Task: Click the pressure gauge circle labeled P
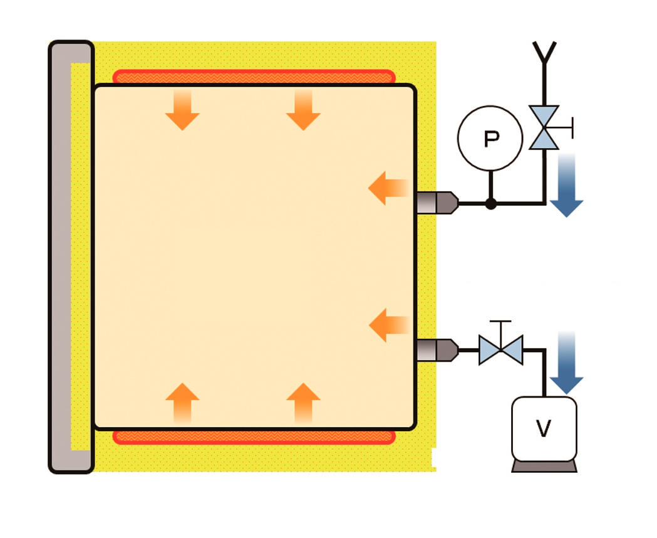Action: point(490,138)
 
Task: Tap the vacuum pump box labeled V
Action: point(544,429)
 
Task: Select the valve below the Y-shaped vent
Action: point(544,127)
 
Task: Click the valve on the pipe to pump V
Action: point(500,350)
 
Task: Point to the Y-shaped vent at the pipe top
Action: point(544,52)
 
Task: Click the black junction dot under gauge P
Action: point(491,203)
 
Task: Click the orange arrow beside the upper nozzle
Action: point(388,188)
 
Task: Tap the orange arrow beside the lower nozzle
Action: point(389,325)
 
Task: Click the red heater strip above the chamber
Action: point(254,76)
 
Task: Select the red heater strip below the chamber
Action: point(254,437)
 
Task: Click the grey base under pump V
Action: point(544,467)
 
